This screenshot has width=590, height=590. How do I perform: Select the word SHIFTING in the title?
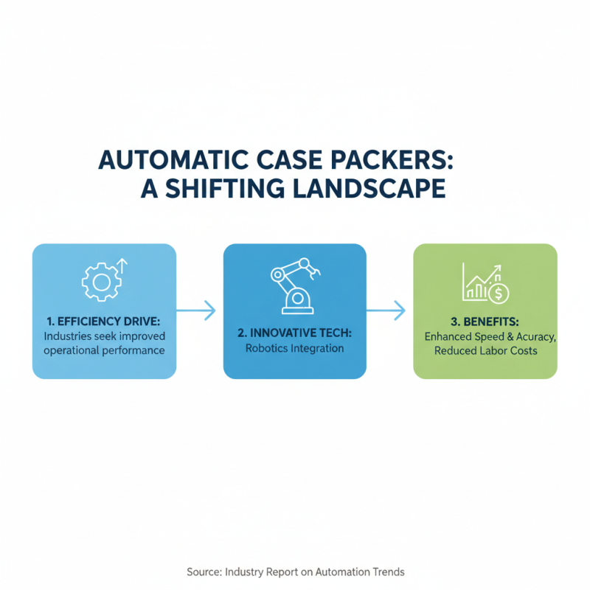click(x=237, y=187)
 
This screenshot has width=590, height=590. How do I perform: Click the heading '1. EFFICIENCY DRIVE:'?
click(x=103, y=322)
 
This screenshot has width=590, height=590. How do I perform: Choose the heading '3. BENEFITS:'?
click(x=485, y=322)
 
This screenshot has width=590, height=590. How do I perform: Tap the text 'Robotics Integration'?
click(x=294, y=347)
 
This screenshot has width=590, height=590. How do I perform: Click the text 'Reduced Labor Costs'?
click(x=485, y=351)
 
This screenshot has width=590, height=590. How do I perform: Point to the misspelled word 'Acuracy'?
click(x=529, y=336)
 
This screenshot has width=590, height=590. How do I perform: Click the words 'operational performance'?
click(x=104, y=350)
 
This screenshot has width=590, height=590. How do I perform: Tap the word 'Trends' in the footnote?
click(x=387, y=572)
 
